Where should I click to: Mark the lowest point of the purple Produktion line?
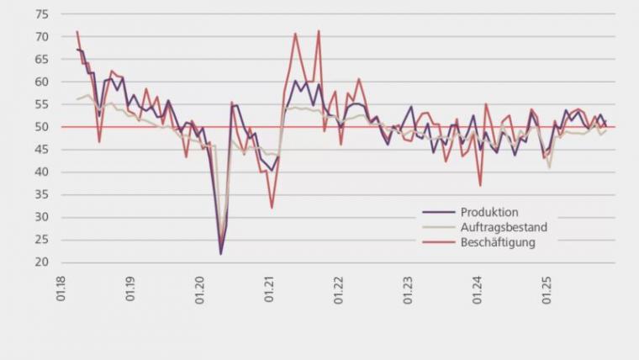(221, 253)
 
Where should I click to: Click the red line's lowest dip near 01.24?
(480, 185)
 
